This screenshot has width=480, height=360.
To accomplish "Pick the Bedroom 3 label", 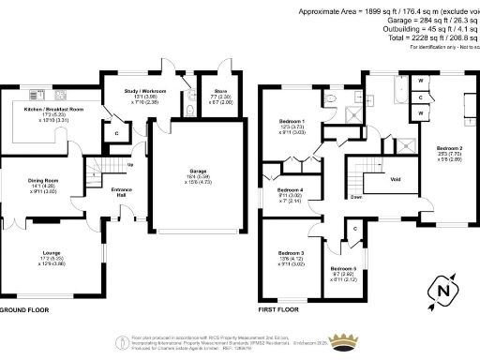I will click(292, 253).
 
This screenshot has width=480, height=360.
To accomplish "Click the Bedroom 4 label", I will click(290, 193).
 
